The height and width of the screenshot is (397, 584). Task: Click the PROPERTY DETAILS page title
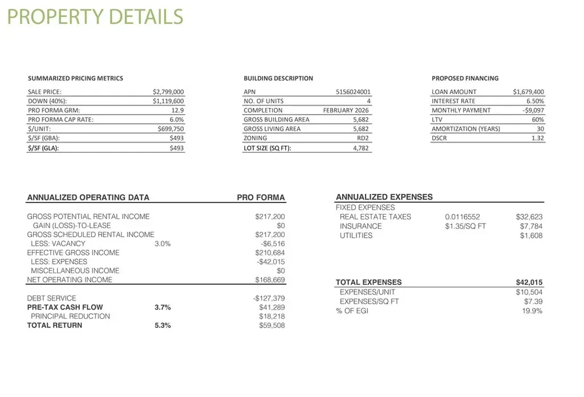[x=95, y=17]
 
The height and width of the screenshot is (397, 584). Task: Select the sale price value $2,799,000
[x=168, y=91]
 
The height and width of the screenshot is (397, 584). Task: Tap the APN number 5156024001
[x=353, y=91]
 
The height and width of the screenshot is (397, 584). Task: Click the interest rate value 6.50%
[x=535, y=101]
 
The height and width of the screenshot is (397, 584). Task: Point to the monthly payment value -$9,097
[x=533, y=110]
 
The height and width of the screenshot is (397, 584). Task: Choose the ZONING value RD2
[x=363, y=138]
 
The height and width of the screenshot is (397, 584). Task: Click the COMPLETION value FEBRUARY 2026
[x=346, y=110]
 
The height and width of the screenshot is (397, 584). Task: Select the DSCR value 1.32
[x=537, y=138]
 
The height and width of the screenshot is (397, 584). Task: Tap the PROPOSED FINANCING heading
[x=465, y=78]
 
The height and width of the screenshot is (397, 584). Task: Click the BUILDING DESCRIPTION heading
[x=278, y=78]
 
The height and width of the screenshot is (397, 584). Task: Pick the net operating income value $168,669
[x=270, y=280]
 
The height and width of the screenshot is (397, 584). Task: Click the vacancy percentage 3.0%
[x=163, y=244]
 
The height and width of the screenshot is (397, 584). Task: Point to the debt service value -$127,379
[x=269, y=298]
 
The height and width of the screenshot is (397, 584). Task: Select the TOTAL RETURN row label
[x=55, y=326]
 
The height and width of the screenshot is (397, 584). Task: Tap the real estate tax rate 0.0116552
[x=463, y=217]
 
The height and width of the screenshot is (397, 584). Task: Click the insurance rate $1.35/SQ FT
[x=465, y=226]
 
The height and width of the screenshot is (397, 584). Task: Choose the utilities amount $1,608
[x=531, y=236]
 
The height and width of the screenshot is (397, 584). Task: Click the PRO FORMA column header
[x=261, y=197]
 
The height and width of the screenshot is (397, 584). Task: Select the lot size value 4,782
[x=361, y=148]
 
